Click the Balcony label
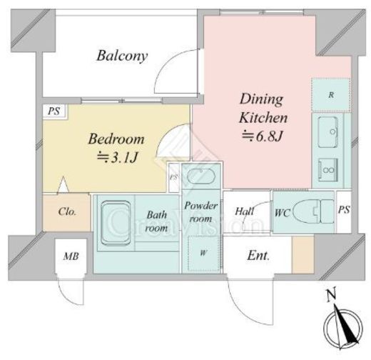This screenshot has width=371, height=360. [122, 56]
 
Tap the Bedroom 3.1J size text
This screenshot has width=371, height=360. [118, 157]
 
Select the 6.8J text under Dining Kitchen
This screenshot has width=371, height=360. [263, 136]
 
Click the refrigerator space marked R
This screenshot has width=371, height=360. [331, 95]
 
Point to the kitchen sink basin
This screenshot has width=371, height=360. [328, 132]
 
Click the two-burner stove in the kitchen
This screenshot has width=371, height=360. [328, 170]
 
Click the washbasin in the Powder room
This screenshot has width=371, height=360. [201, 176]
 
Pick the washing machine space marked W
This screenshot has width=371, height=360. [203, 253]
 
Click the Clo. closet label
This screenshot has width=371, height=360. [67, 211]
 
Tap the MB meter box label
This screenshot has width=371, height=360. [71, 256]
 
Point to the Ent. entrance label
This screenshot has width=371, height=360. [258, 256]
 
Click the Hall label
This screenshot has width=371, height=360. [245, 211]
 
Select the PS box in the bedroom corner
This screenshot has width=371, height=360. [54, 111]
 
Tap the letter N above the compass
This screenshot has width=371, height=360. [331, 295]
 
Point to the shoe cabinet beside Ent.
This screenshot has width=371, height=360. [303, 254]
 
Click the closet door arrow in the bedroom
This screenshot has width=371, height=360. [63, 184]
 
